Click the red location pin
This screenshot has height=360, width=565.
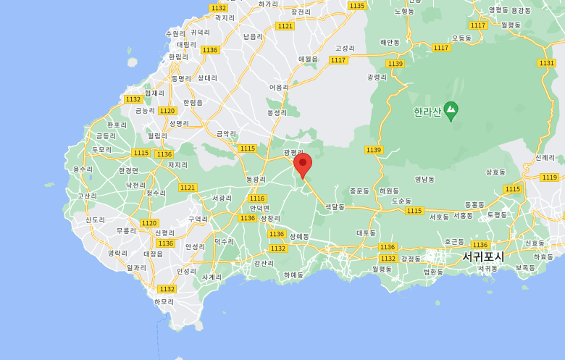point(303,164)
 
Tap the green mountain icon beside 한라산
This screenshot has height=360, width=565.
point(451,111)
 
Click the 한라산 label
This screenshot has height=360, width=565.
point(427,112)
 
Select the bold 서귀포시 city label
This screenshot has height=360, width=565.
point(483,256)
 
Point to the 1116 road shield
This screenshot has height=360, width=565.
point(257,198)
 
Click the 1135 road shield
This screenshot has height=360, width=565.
point(356,6)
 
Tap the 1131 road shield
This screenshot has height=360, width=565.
point(547,63)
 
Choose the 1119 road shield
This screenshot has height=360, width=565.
point(549,177)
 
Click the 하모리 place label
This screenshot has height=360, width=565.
point(164,301)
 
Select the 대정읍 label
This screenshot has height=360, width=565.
point(154,254)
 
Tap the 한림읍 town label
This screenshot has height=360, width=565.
point(193,103)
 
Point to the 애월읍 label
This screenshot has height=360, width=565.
point(309,59)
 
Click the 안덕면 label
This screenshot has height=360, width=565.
point(259,208)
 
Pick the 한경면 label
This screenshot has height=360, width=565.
point(128,170)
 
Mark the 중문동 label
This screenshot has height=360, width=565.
point(359,191)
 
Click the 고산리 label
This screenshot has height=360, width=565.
point(87,196)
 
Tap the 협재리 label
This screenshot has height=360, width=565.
point(154,93)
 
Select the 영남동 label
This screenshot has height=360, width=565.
point(424,179)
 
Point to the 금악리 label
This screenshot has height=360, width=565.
point(227,134)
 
